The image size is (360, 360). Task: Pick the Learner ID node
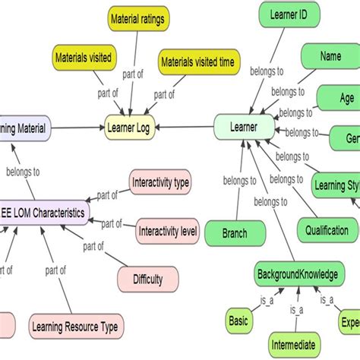click(285, 13)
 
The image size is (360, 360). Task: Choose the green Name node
click(330, 56)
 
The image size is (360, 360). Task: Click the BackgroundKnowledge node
click(296, 273)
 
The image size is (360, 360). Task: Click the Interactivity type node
click(160, 183)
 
